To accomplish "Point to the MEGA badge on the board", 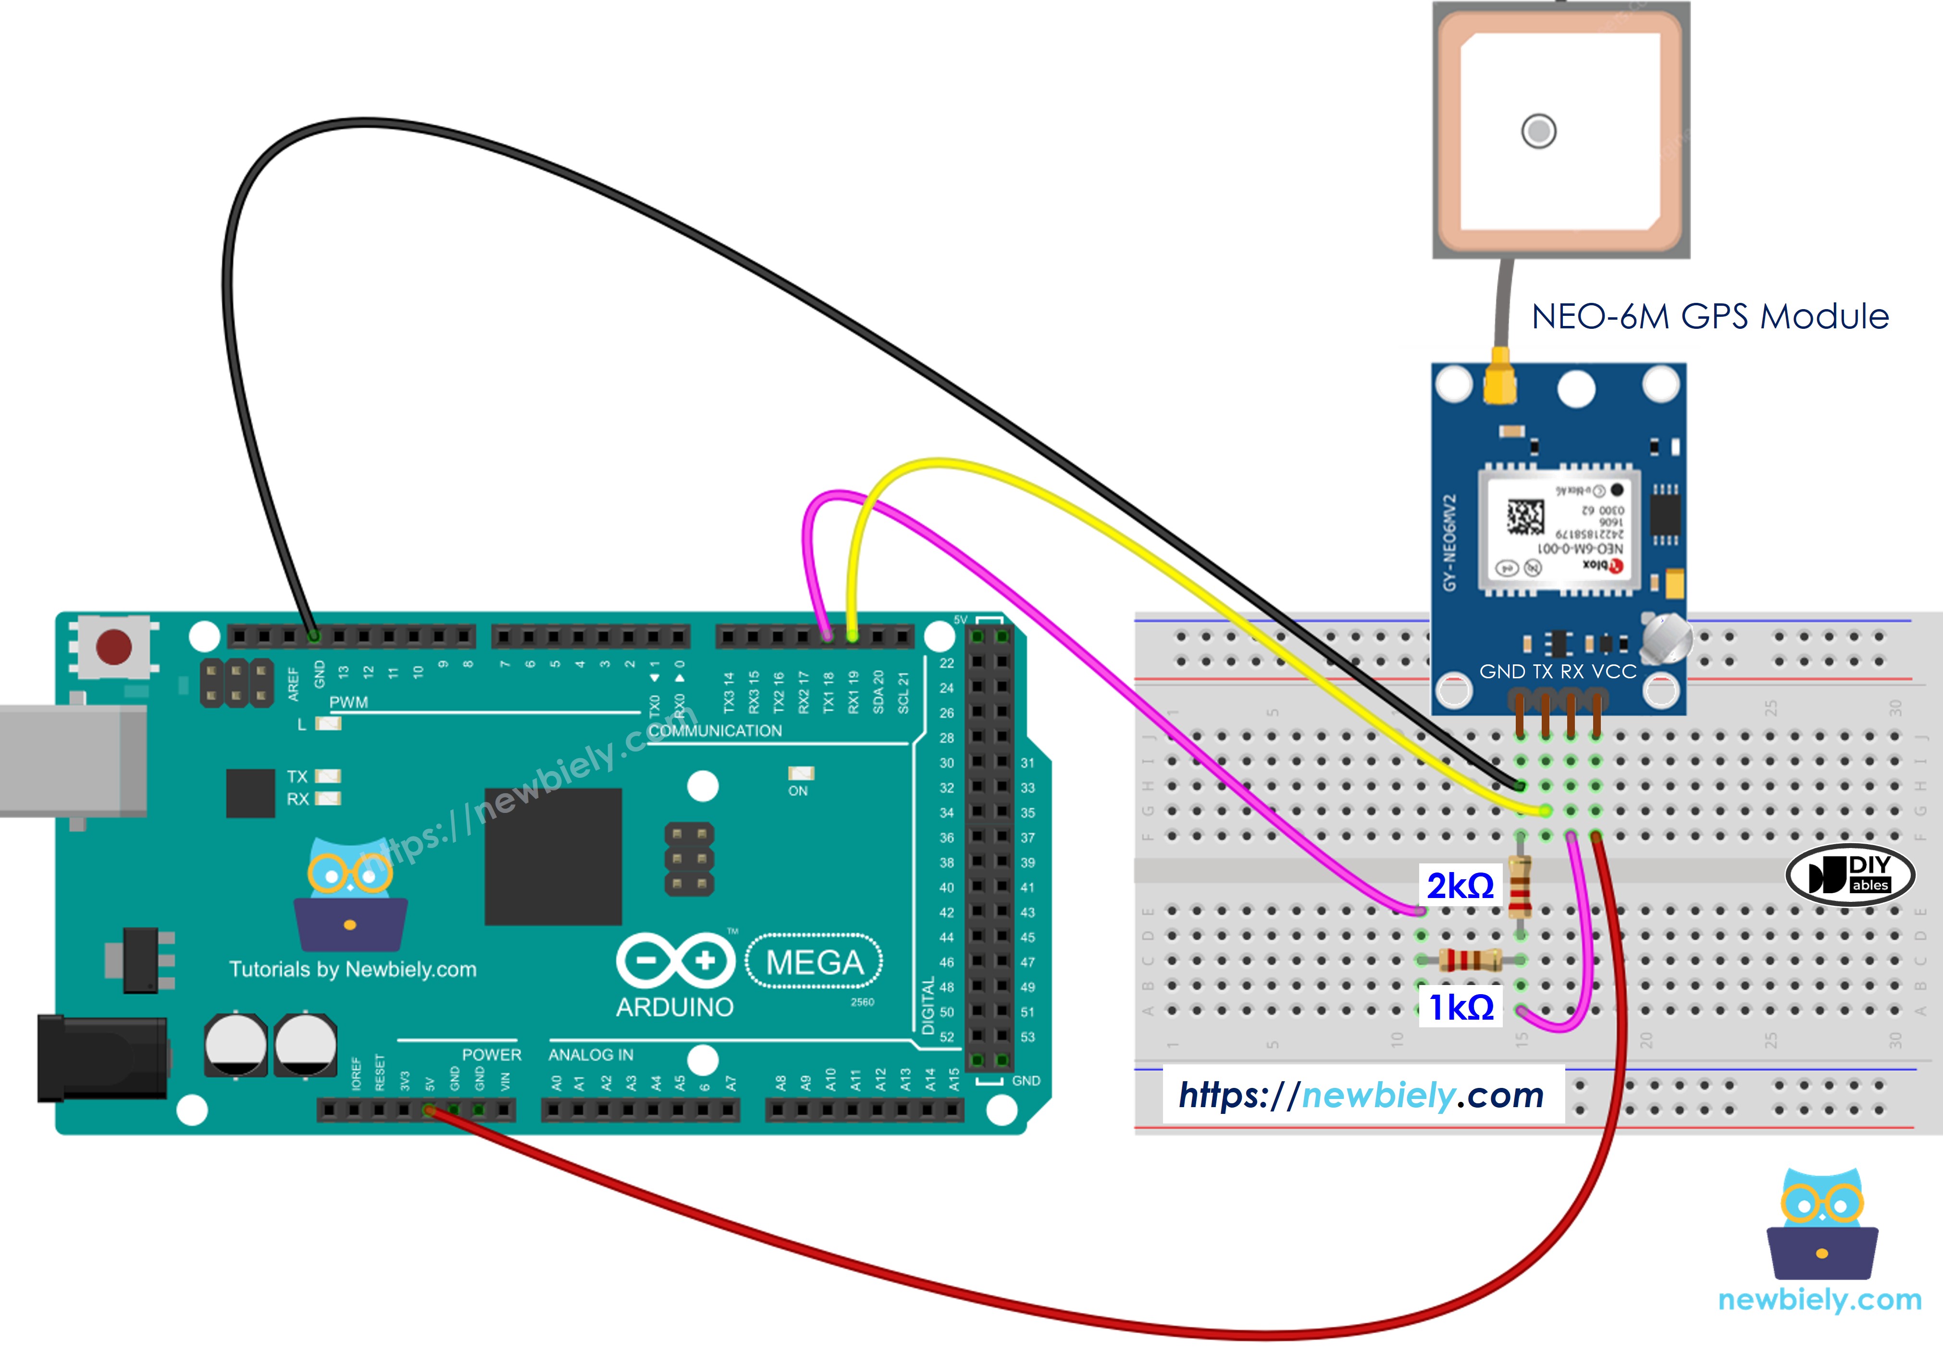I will (x=814, y=962).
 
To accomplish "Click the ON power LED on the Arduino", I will (x=801, y=773).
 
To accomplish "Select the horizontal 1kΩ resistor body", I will (x=1470, y=960).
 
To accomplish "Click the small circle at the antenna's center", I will (x=1538, y=131).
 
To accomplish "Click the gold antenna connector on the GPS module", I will (x=1500, y=380).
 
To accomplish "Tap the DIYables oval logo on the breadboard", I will (x=1849, y=874).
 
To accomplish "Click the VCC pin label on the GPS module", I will (x=1614, y=672).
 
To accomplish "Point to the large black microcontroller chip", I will (x=553, y=856).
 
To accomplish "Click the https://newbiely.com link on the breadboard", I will (x=1361, y=1096).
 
